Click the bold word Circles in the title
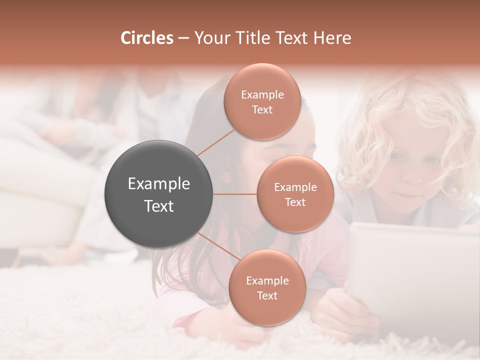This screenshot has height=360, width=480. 146,38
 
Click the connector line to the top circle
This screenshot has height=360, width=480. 216,141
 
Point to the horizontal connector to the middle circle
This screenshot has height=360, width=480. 235,194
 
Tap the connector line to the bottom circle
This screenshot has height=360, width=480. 218,247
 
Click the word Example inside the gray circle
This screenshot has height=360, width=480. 159,184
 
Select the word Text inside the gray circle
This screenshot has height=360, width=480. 159,206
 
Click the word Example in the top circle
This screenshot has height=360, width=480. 262,94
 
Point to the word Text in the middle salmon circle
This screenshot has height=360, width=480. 295,202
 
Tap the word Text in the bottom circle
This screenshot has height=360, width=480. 267,295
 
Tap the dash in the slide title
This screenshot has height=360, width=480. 183,38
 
